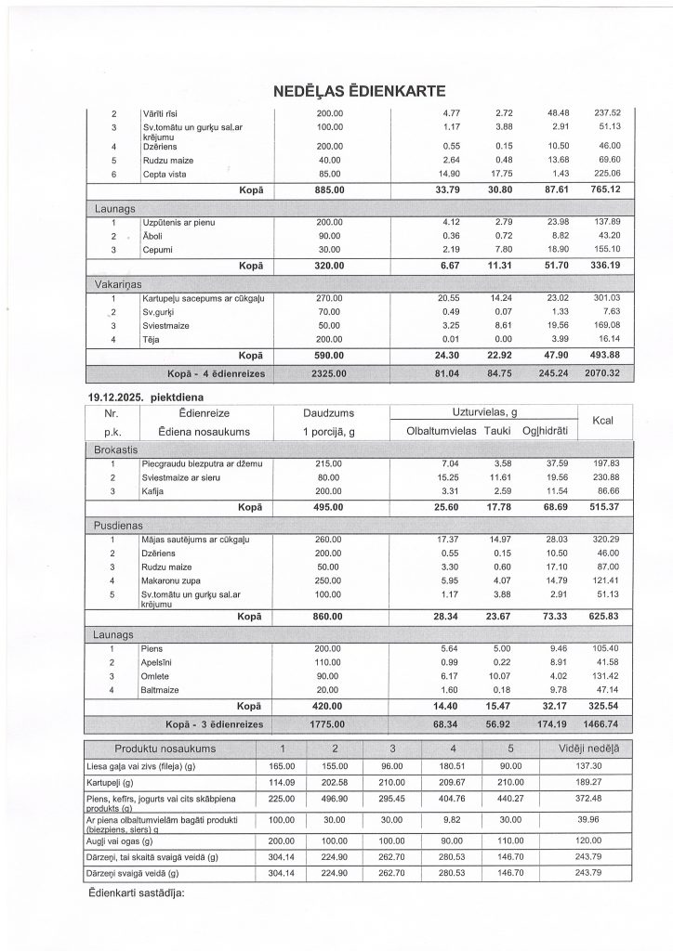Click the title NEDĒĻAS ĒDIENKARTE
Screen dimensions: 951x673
360,91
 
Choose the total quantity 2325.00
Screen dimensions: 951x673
324,373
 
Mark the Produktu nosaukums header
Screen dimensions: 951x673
165,749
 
